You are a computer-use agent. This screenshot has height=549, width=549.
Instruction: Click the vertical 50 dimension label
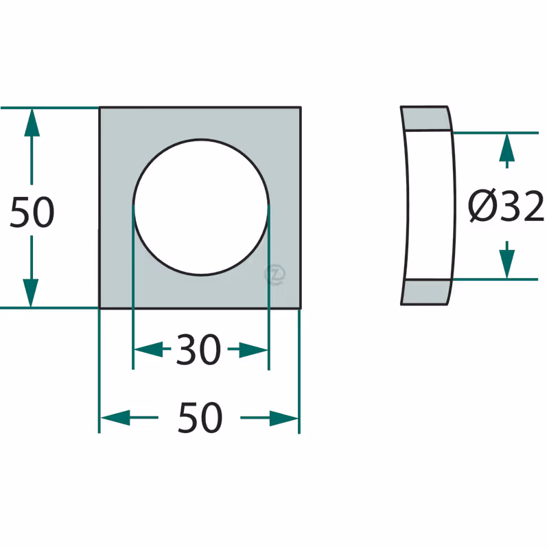pyautogui.click(x=32, y=212)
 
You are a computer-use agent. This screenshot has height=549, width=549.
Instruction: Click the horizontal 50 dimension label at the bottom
pyautogui.click(x=200, y=417)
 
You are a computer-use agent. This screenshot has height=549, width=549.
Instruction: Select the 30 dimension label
pyautogui.click(x=198, y=349)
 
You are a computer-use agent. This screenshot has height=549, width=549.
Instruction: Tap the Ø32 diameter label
pyautogui.click(x=506, y=205)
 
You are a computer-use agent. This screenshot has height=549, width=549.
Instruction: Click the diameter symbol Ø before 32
pyautogui.click(x=483, y=205)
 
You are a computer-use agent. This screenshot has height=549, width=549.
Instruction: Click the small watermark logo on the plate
pyautogui.click(x=275, y=274)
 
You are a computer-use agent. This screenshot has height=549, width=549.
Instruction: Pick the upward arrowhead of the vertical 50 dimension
pyautogui.click(x=32, y=122)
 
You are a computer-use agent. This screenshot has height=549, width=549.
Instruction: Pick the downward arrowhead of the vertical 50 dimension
pyautogui.click(x=31, y=293)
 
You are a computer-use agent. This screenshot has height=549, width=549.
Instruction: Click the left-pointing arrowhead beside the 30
pyautogui.click(x=148, y=349)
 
